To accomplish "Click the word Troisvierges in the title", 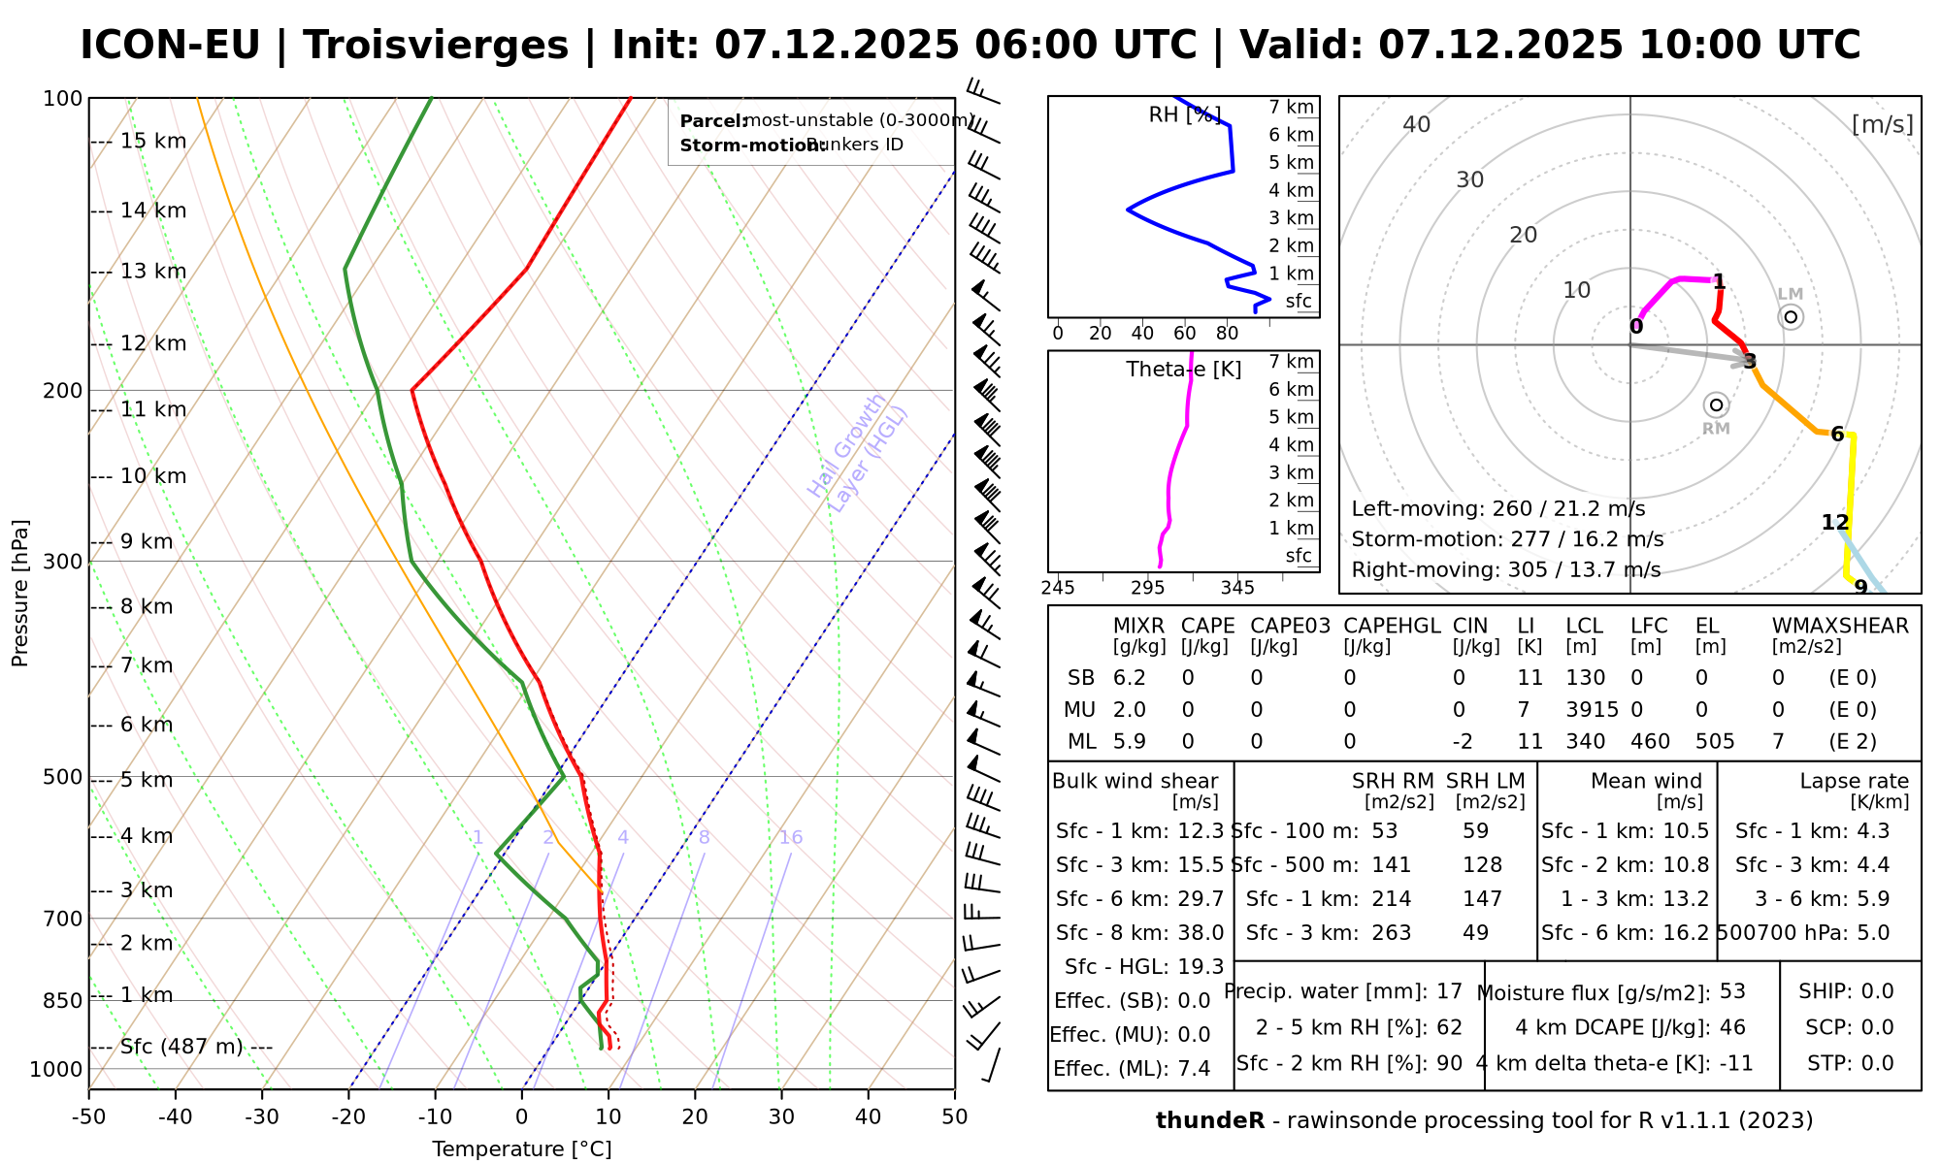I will [x=436, y=46].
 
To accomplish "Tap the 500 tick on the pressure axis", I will [x=63, y=777].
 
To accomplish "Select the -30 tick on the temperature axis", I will [x=262, y=1117].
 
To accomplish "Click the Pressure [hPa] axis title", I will [x=20, y=594].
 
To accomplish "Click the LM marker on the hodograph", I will [x=1791, y=316].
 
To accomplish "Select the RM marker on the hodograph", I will [x=1716, y=404].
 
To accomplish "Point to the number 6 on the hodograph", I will [x=1837, y=435].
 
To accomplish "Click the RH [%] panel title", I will [x=1184, y=115].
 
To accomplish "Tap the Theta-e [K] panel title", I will [x=1184, y=370].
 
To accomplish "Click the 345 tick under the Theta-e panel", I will [x=1237, y=588].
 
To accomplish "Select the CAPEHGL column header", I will [x=1392, y=627].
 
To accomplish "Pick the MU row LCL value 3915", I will [x=1592, y=710].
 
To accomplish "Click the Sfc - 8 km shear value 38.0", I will [x=1201, y=933].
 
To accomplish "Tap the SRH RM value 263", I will [x=1392, y=933].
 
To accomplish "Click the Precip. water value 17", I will [x=1450, y=991].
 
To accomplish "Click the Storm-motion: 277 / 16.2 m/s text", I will [x=1507, y=539].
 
